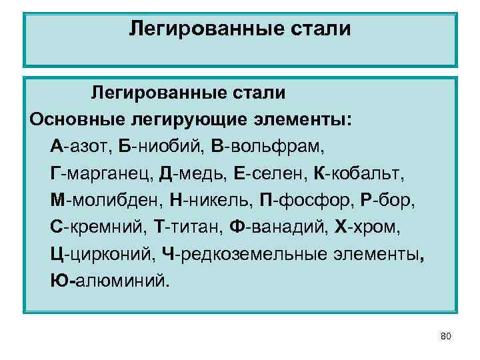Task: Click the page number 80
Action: coord(446,336)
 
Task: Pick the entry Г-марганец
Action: coord(101,173)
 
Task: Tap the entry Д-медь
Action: coord(193,173)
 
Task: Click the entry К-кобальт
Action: coord(358,173)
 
